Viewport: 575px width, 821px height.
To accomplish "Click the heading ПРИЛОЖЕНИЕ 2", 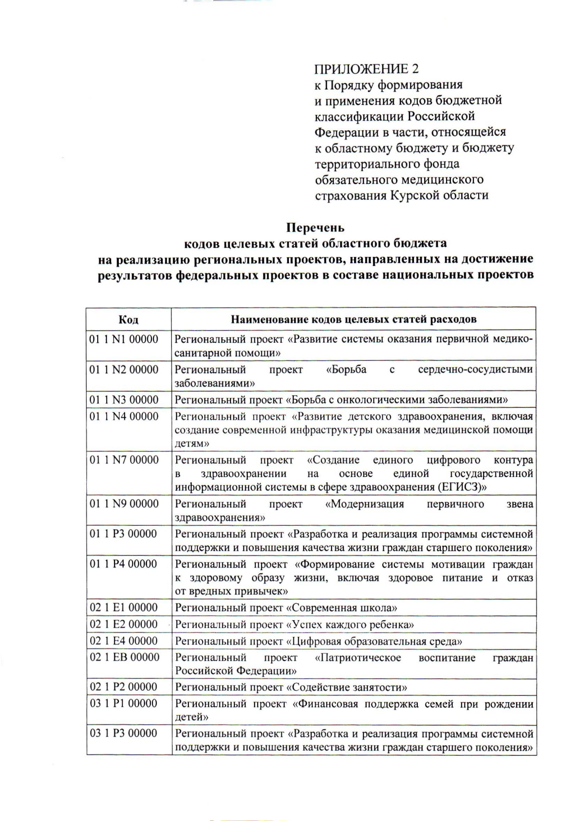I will click(x=367, y=69).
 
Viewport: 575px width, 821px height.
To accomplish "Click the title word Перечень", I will click(x=315, y=227).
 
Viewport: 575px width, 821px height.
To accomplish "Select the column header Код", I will click(x=128, y=319).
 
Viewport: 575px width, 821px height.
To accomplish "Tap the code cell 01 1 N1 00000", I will click(x=124, y=340).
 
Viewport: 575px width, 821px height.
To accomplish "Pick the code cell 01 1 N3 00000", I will click(x=124, y=400).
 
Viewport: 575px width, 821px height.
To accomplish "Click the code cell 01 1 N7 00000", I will click(x=124, y=460).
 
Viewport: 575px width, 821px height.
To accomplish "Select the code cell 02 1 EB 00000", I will click(x=125, y=658).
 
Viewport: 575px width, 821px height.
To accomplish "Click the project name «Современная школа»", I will click(x=342, y=608).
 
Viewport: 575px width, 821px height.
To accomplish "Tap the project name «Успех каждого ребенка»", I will click(x=350, y=625).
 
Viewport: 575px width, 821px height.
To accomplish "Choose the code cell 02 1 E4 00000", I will click(x=124, y=641).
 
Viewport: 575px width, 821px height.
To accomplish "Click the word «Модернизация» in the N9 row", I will click(x=364, y=504).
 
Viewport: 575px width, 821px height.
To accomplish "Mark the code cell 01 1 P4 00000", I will click(x=124, y=564).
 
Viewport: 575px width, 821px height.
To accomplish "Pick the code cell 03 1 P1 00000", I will click(x=124, y=704).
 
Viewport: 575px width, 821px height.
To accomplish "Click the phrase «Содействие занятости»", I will click(x=347, y=687).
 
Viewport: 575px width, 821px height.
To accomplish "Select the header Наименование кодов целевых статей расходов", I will click(x=354, y=319).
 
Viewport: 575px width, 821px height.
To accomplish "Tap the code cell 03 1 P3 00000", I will click(x=124, y=734).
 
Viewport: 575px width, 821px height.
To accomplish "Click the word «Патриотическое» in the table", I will click(x=358, y=658).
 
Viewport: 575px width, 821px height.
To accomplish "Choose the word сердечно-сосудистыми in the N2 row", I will click(x=475, y=370).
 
